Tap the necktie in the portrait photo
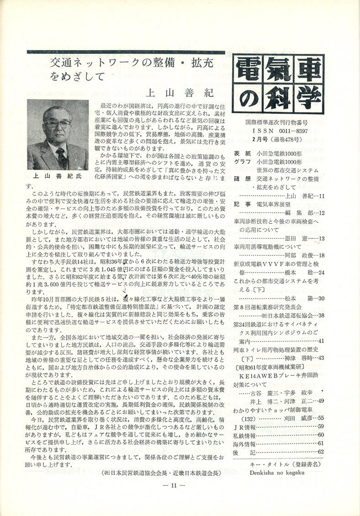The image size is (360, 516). [x=62, y=158]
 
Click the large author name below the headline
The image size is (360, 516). [x=179, y=93]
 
